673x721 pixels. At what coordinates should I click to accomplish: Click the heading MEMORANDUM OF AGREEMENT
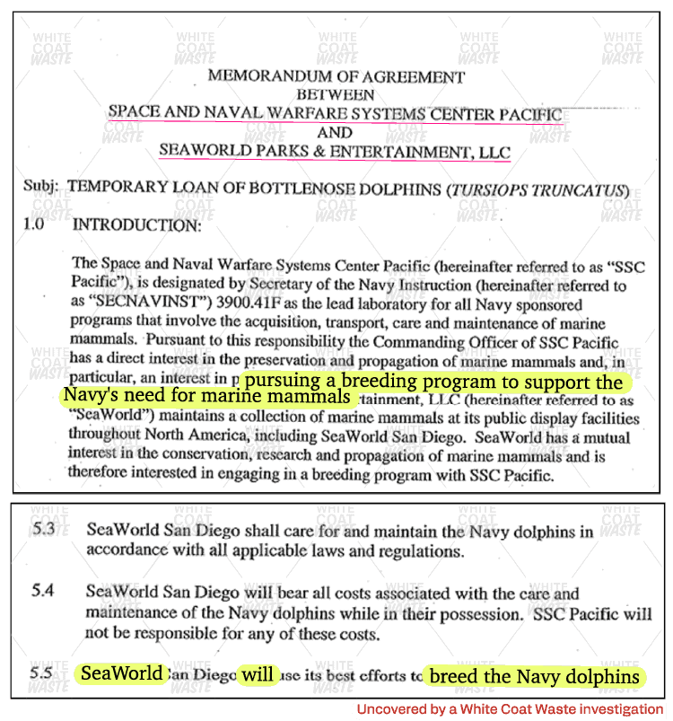[336, 75]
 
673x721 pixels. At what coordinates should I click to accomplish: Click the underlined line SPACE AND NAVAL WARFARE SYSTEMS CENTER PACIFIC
[335, 114]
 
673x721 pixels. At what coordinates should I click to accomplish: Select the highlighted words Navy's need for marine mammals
[205, 397]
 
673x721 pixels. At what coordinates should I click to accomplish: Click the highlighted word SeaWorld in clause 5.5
[122, 673]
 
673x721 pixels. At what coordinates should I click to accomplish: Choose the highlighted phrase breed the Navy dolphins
[534, 675]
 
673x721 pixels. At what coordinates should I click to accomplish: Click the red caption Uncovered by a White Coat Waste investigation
[510, 709]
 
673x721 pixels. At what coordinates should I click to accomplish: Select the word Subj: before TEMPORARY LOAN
[41, 189]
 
